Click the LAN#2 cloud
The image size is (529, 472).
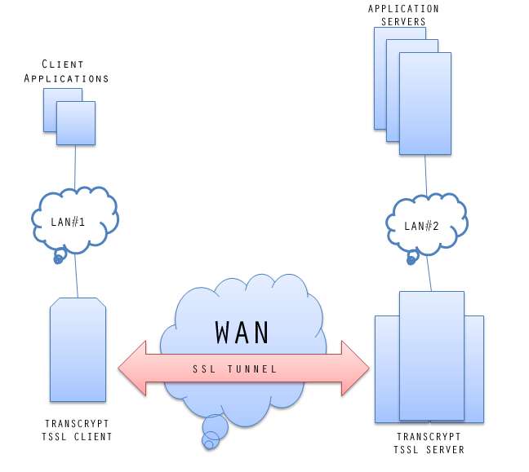point(425,225)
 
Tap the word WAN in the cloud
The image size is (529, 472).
point(242,333)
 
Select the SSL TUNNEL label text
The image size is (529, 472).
point(235,369)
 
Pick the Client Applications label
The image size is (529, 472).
point(66,71)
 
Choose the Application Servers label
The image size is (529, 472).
point(403,15)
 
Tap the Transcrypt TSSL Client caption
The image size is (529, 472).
point(77,430)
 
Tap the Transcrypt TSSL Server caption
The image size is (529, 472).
point(429,443)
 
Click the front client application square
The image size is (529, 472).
point(76,124)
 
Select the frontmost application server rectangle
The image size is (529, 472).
point(425,104)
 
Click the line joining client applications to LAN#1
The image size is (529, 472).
point(75,167)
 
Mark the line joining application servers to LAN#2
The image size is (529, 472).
point(425,174)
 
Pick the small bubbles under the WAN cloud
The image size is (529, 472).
point(213,430)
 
